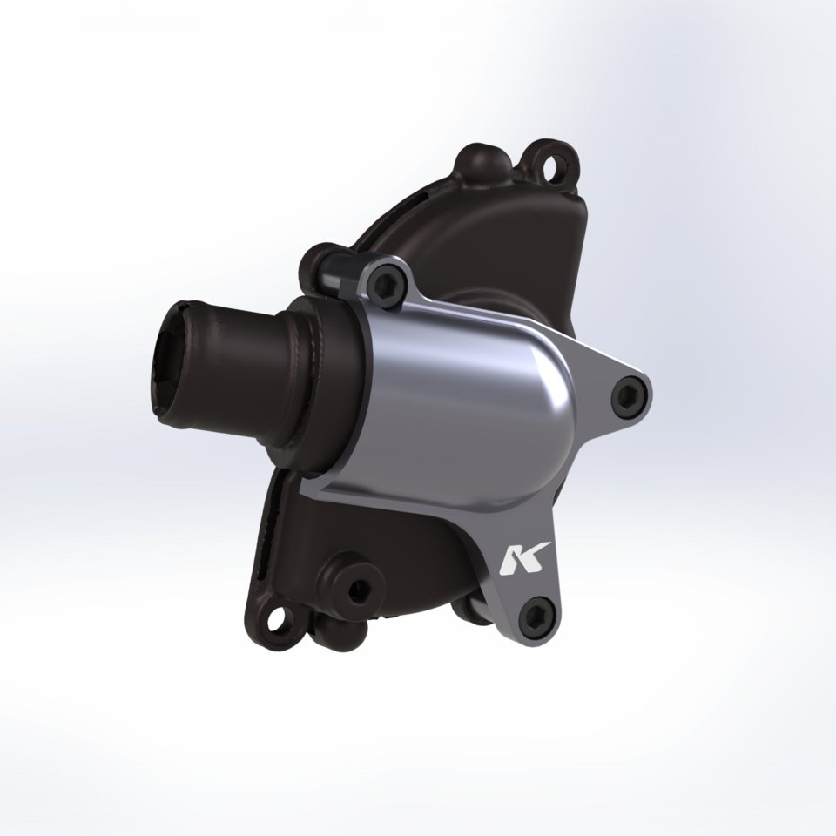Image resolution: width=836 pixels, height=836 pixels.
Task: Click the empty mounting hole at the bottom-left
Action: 279,620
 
